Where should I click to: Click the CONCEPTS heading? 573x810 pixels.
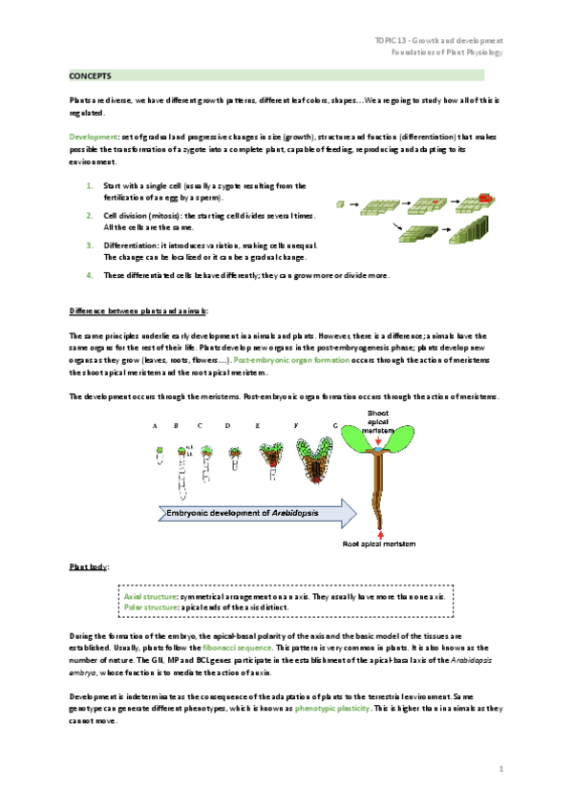[x=91, y=75]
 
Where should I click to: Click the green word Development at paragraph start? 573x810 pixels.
[x=91, y=138]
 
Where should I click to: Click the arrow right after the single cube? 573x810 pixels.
[x=353, y=204]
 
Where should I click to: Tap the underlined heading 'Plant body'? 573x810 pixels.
[x=87, y=566]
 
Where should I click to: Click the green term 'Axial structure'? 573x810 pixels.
[x=150, y=596]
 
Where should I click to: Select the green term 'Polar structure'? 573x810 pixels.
[x=150, y=607]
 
